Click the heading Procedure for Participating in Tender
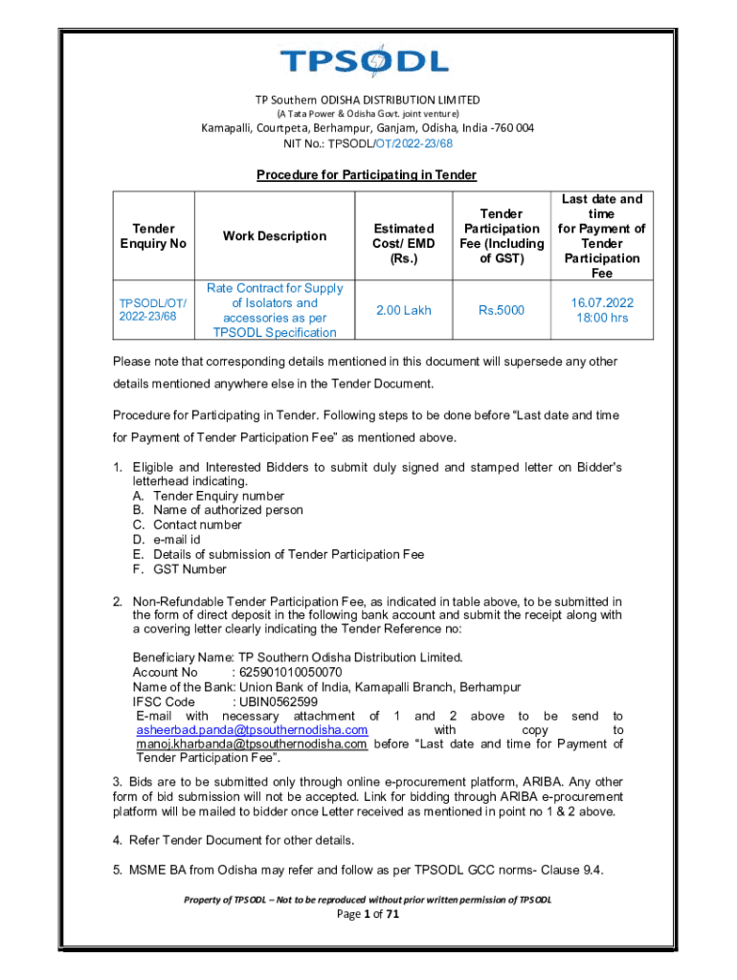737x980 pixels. (x=366, y=175)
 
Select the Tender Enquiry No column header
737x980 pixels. (x=153, y=236)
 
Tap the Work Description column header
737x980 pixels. (x=274, y=236)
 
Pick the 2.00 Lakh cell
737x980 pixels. (x=403, y=310)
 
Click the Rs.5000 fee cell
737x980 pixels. (x=501, y=310)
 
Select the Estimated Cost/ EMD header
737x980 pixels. (x=403, y=243)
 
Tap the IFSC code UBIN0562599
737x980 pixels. (x=279, y=702)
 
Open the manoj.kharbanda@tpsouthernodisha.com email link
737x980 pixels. (x=252, y=745)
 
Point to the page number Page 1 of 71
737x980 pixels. (x=367, y=915)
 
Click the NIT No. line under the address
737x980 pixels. (x=368, y=144)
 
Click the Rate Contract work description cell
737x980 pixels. (x=274, y=310)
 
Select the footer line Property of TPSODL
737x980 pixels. (x=367, y=900)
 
